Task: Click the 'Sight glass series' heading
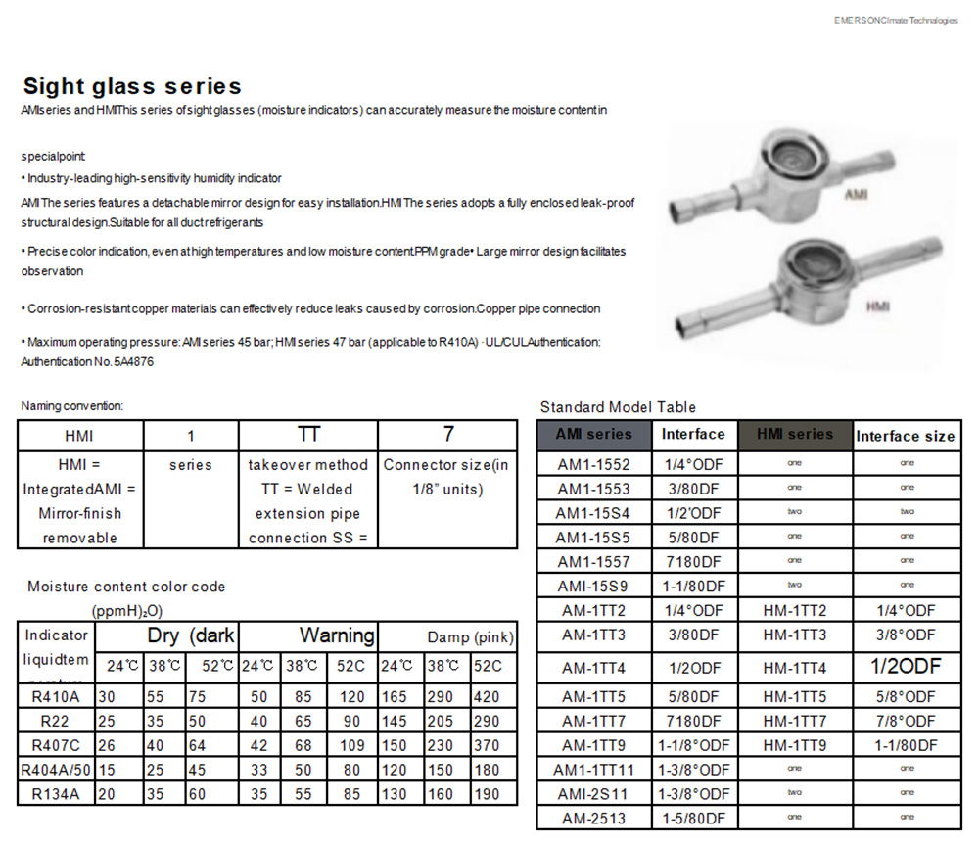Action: pyautogui.click(x=132, y=86)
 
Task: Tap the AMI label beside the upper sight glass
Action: pyautogui.click(x=855, y=195)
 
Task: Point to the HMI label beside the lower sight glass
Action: pyautogui.click(x=877, y=306)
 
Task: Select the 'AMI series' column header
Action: pyautogui.click(x=594, y=434)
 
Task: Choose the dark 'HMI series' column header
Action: pyautogui.click(x=794, y=434)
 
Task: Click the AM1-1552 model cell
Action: pyautogui.click(x=594, y=463)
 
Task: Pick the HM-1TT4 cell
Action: pyautogui.click(x=794, y=668)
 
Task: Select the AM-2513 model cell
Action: pyautogui.click(x=594, y=818)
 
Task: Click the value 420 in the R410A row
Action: pyautogui.click(x=488, y=697)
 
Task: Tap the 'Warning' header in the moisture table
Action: pyautogui.click(x=337, y=635)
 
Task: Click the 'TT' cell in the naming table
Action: pyautogui.click(x=308, y=435)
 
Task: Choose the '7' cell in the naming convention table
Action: pyautogui.click(x=447, y=435)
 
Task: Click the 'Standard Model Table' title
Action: pyautogui.click(x=618, y=407)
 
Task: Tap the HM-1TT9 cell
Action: pyautogui.click(x=794, y=744)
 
